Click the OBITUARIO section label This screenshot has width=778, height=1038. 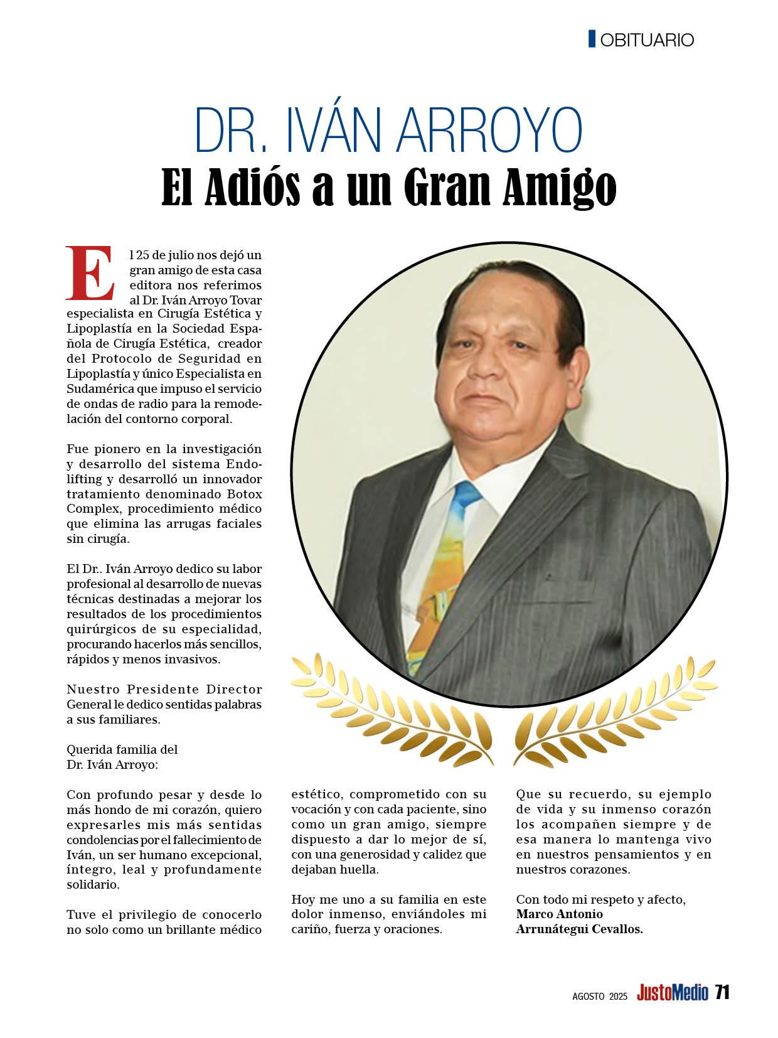tap(647, 40)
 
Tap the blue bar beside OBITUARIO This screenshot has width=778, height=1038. tap(592, 39)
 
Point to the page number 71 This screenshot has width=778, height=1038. tap(722, 993)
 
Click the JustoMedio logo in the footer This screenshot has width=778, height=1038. tap(672, 993)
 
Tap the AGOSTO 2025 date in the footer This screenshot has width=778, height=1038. tap(600, 995)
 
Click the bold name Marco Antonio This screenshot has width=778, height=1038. tap(559, 914)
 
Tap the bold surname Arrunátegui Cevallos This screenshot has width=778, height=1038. tap(579, 929)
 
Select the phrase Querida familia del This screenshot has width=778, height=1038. tap(122, 749)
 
